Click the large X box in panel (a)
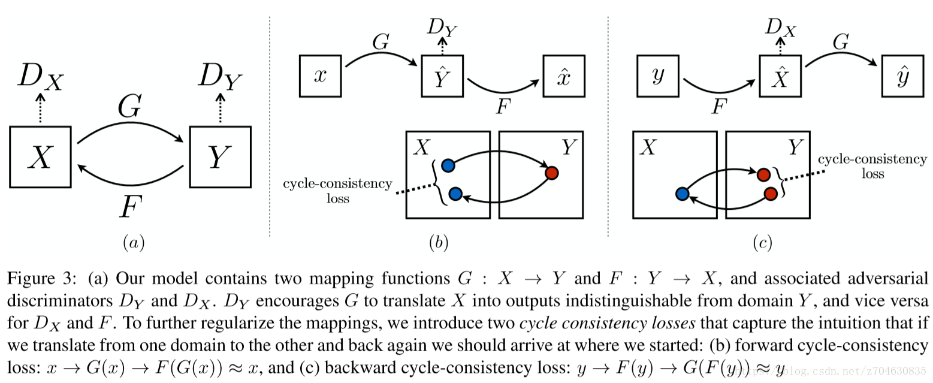40,157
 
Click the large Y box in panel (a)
219,157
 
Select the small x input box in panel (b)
320,76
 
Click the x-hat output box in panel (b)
563,76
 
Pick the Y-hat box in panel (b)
442,76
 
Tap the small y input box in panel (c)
658,76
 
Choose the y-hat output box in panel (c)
902,76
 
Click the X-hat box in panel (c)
780,76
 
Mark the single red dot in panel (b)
552,173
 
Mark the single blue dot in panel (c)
681,194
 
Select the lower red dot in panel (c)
771,194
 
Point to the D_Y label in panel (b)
443,28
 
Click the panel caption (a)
133,243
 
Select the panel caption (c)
762,243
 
